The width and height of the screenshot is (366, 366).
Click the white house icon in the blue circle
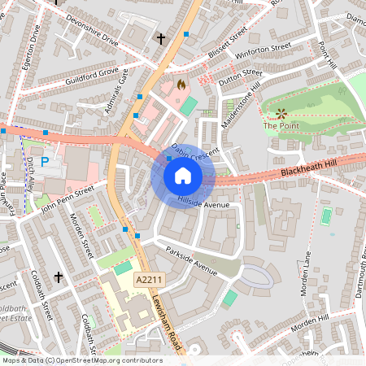182,176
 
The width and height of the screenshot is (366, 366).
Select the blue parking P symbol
46,161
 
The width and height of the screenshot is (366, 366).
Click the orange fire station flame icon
181,84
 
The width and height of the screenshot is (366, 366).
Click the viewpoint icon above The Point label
281,113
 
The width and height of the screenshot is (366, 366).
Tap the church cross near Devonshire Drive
160,38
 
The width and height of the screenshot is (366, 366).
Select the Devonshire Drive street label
92,30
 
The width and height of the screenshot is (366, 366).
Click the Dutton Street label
237,75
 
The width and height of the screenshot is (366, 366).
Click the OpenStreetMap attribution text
81,360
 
